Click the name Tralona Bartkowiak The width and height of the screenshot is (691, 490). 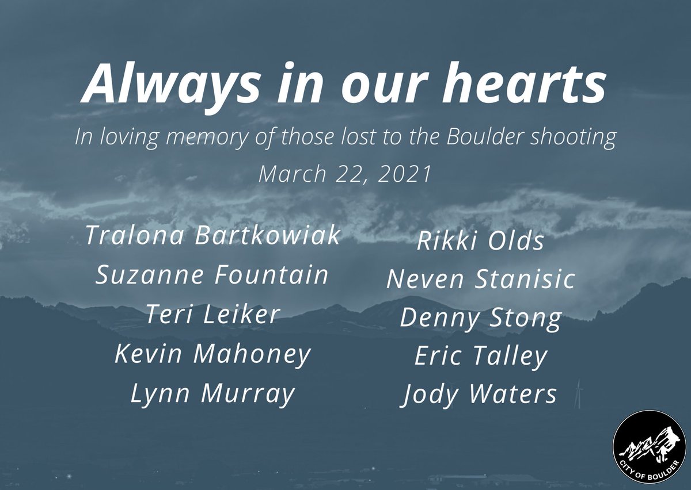click(212, 236)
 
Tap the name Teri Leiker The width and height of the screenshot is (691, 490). click(212, 315)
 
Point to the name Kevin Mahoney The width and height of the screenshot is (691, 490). click(212, 355)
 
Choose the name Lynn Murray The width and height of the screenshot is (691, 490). click(212, 395)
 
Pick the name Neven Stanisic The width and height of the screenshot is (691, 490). click(480, 280)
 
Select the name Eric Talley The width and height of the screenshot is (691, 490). click(480, 357)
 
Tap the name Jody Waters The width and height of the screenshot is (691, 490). click(480, 395)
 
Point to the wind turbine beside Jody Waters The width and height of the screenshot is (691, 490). click(579, 394)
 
